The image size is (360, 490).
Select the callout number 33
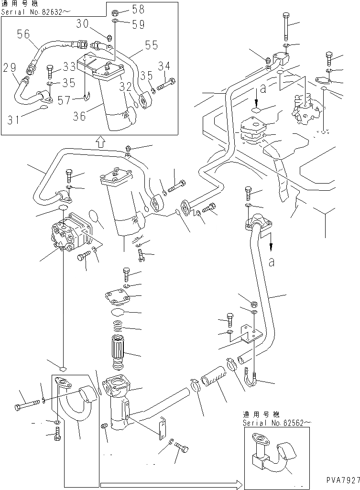pyautogui.click(x=69, y=67)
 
